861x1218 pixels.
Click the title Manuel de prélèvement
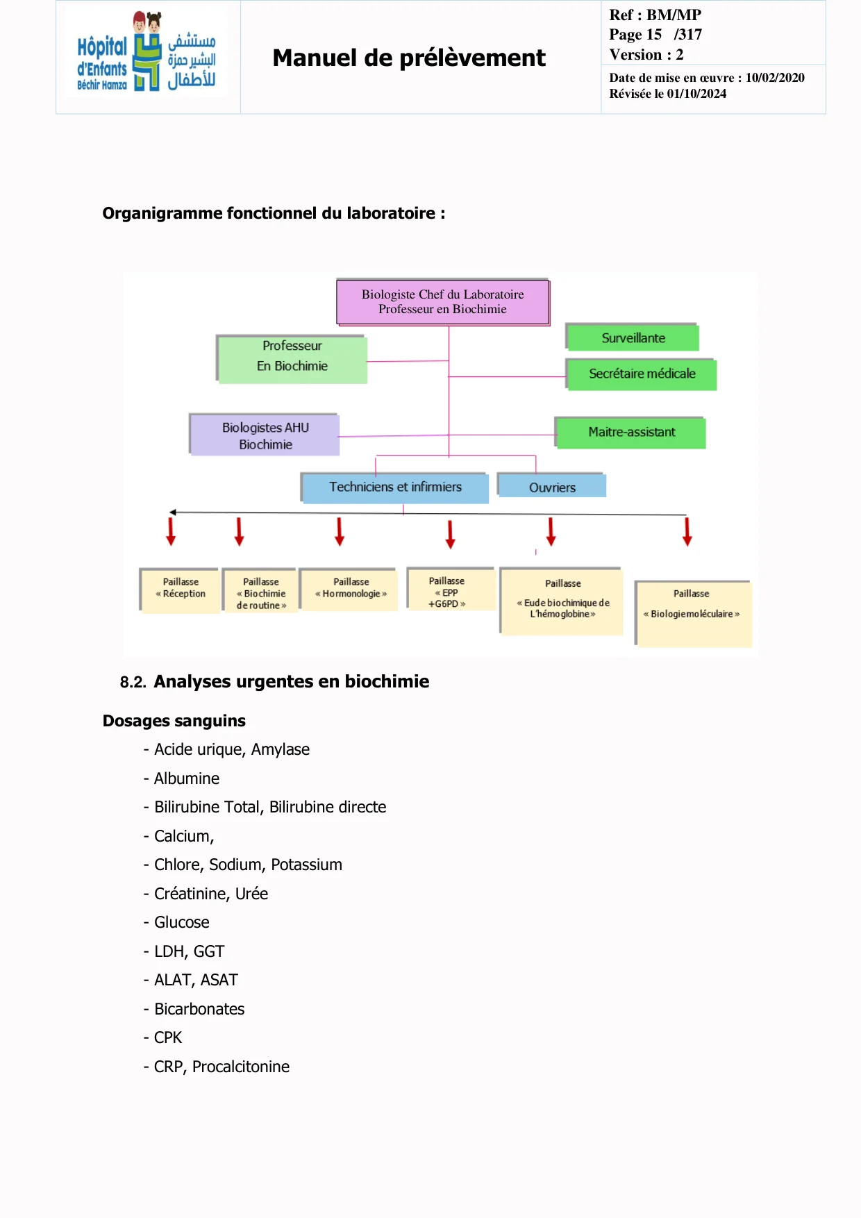pos(408,58)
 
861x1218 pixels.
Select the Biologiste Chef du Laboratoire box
pos(443,302)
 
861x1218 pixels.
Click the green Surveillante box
pos(633,338)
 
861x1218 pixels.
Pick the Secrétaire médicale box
pos(642,374)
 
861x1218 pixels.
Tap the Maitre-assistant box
pos(631,433)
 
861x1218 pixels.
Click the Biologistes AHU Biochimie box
pos(265,436)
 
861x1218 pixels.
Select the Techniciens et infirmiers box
pos(395,487)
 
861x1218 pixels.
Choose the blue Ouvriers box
pos(552,487)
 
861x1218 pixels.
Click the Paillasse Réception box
pos(181,589)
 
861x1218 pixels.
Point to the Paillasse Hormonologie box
pos(351,589)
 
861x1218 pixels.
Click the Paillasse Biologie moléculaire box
pos(693,612)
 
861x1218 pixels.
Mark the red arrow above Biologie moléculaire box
pos(687,531)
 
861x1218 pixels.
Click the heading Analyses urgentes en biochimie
pos(291,681)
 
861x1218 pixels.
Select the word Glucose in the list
pos(181,922)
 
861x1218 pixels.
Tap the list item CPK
pos(167,1037)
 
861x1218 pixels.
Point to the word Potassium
pos(306,865)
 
